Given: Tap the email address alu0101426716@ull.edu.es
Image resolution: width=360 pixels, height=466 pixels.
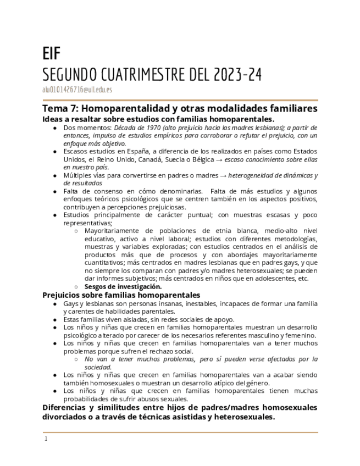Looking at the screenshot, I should point(77,90).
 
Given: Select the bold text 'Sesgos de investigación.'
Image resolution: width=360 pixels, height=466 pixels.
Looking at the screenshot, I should point(123,286).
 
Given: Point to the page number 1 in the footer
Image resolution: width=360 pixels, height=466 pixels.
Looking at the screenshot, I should point(46,439).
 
